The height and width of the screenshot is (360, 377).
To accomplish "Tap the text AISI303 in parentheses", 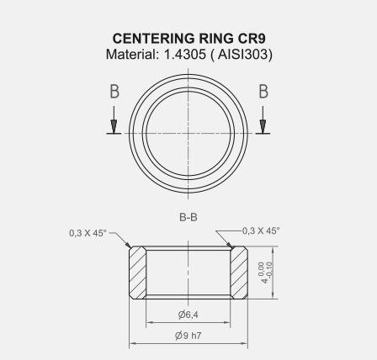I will coord(244,55).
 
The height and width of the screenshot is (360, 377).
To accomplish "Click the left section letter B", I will coord(114,93).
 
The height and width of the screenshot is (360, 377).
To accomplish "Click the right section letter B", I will coord(263,93).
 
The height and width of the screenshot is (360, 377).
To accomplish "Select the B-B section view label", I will coord(188,217).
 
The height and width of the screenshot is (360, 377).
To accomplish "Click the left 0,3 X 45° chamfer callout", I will coord(88,233).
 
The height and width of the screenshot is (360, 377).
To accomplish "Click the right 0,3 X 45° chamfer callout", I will coord(262,230).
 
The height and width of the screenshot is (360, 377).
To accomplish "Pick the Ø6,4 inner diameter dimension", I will coord(188,315).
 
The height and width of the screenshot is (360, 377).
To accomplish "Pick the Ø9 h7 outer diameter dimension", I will coord(188,335).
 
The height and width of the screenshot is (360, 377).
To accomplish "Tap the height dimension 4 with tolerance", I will coord(266,273).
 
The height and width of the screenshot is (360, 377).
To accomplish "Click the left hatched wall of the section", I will coord(137,272).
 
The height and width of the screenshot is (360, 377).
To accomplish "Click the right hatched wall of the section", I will coord(239,272).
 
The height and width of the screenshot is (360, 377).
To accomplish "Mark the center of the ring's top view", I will coord(188,133).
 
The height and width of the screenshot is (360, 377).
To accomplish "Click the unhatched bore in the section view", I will coord(188,272).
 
